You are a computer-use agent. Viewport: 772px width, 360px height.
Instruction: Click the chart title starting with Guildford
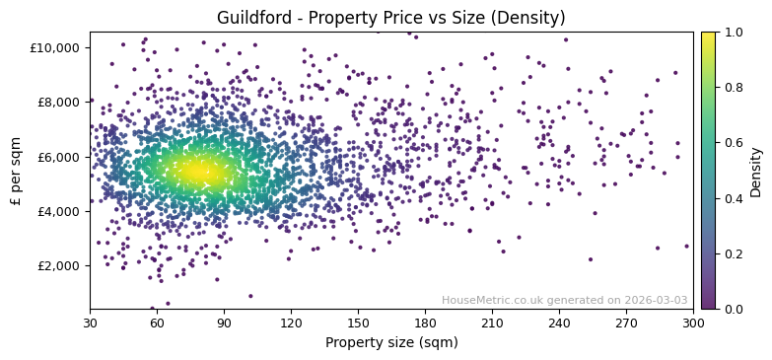pyautogui.click(x=390, y=18)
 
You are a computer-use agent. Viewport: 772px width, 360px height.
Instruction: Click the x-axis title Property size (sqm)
pyautogui.click(x=390, y=342)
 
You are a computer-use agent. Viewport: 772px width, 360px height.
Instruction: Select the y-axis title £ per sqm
pyautogui.click(x=16, y=171)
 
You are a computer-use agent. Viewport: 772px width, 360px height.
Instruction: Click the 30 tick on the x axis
pyautogui.click(x=90, y=323)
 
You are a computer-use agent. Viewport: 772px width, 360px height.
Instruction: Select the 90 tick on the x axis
pyautogui.click(x=224, y=323)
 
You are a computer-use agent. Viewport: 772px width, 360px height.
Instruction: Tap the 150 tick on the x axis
pyautogui.click(x=358, y=323)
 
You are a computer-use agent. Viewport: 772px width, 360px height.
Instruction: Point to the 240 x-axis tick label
pyautogui.click(x=559, y=323)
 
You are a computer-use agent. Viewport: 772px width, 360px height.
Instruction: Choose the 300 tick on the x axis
pyautogui.click(x=693, y=323)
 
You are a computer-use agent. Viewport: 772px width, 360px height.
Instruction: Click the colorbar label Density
pyautogui.click(x=756, y=171)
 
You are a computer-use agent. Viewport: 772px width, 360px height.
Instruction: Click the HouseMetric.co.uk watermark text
pyautogui.click(x=565, y=301)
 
